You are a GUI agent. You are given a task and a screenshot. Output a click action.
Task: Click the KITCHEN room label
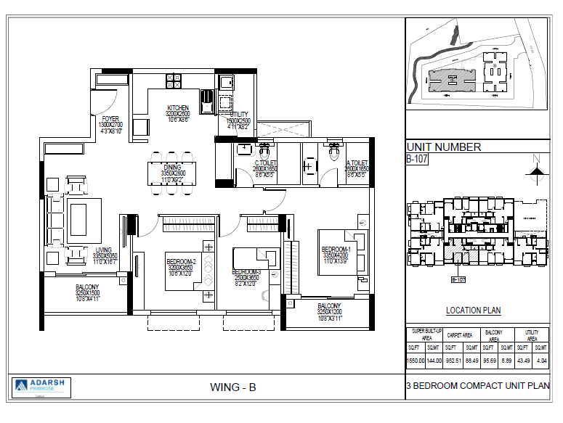click(x=178, y=108)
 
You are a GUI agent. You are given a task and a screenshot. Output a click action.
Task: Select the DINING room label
click(x=172, y=168)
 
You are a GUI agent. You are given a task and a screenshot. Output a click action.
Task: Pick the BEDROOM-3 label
click(x=246, y=271)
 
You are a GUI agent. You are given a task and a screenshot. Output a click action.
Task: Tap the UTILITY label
click(x=239, y=115)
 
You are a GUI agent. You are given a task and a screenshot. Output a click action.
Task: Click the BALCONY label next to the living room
click(x=87, y=287)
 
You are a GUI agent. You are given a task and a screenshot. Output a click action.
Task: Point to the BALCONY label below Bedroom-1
click(x=329, y=305)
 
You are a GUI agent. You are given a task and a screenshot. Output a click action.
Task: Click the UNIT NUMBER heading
click(x=443, y=147)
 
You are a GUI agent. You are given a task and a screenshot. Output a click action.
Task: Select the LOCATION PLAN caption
click(x=473, y=311)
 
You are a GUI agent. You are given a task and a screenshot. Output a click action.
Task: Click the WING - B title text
click(x=232, y=387)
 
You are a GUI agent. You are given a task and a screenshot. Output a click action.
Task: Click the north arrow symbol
click(x=536, y=169)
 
